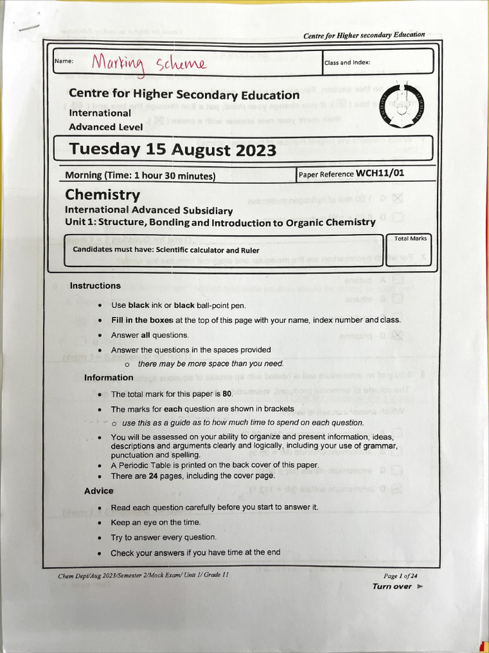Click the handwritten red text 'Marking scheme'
coord(149,63)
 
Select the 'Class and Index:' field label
coord(348,62)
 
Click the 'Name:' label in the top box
coord(64,61)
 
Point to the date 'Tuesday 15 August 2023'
coord(173,150)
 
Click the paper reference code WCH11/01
coord(380,173)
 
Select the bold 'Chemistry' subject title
coord(103,194)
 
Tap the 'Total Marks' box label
coord(411,238)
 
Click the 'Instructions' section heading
coord(95,286)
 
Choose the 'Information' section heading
coord(109,378)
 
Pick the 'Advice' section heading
coord(99,491)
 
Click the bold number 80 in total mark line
coord(227,394)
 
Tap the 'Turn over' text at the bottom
coord(392,587)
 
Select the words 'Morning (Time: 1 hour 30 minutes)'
coord(140,175)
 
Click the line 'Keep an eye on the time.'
coord(155,522)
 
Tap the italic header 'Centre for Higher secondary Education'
coord(364,34)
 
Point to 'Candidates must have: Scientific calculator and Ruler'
coord(166,250)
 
